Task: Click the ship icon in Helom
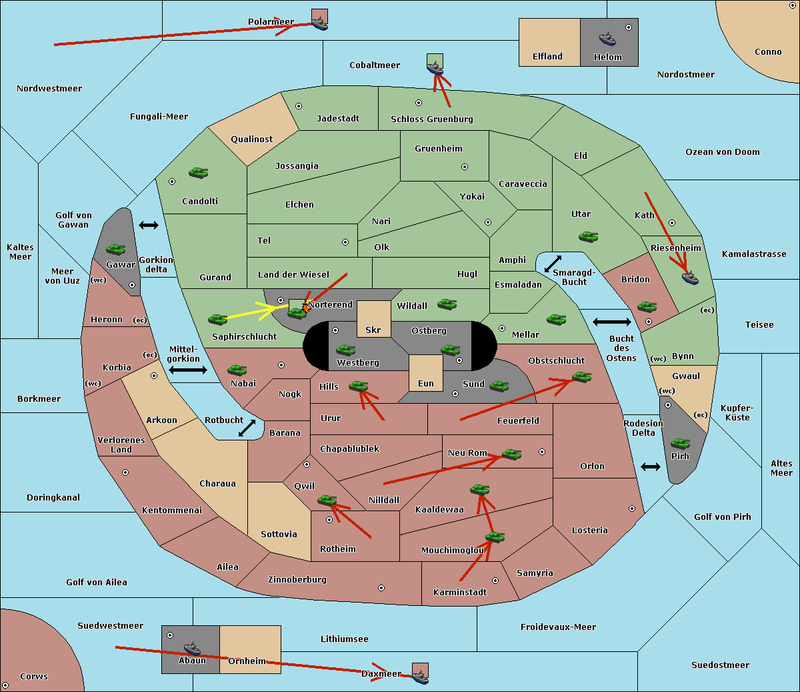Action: [x=607, y=38]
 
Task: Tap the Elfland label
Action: [x=547, y=57]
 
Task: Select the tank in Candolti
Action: [x=198, y=173]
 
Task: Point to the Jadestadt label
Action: [x=337, y=119]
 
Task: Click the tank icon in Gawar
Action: [x=116, y=249]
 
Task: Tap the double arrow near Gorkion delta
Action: [x=149, y=226]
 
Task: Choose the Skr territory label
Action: [x=373, y=330]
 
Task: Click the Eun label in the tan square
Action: [x=426, y=384]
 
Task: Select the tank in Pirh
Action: [x=680, y=444]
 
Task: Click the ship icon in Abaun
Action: [x=192, y=648]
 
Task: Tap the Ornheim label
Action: [x=247, y=661]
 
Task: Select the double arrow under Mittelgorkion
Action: [x=188, y=370]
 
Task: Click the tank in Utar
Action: [x=588, y=236]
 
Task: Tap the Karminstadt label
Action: [x=460, y=593]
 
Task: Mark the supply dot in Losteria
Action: [x=632, y=508]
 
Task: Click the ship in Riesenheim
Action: [x=690, y=278]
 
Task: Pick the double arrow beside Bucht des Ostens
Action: [x=611, y=322]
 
